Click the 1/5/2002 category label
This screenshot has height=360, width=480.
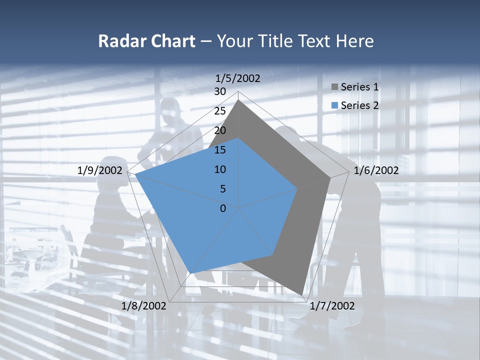pyautogui.click(x=238, y=78)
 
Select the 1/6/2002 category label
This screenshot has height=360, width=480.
pyautogui.click(x=376, y=170)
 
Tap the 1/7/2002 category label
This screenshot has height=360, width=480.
pyautogui.click(x=332, y=306)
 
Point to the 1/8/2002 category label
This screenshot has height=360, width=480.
pyautogui.click(x=143, y=306)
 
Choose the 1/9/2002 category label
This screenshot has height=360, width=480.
pyautogui.click(x=100, y=170)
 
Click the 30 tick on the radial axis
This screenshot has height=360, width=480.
pyautogui.click(x=220, y=91)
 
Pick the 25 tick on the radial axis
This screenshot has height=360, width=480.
pyautogui.click(x=220, y=111)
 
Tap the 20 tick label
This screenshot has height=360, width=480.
pyautogui.click(x=220, y=130)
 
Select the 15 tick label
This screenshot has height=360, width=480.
pyautogui.click(x=220, y=150)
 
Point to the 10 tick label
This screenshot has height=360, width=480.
pyautogui.click(x=220, y=169)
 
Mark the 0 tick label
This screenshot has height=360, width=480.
pyautogui.click(x=223, y=208)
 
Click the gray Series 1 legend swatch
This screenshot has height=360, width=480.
pyautogui.click(x=335, y=87)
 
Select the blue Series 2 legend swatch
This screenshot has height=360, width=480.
pyautogui.click(x=335, y=105)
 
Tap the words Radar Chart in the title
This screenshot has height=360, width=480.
pyautogui.click(x=146, y=41)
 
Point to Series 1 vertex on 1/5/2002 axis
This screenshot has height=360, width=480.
pyautogui.click(x=238, y=100)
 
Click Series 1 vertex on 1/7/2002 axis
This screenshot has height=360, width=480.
pyautogui.click(x=302, y=295)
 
